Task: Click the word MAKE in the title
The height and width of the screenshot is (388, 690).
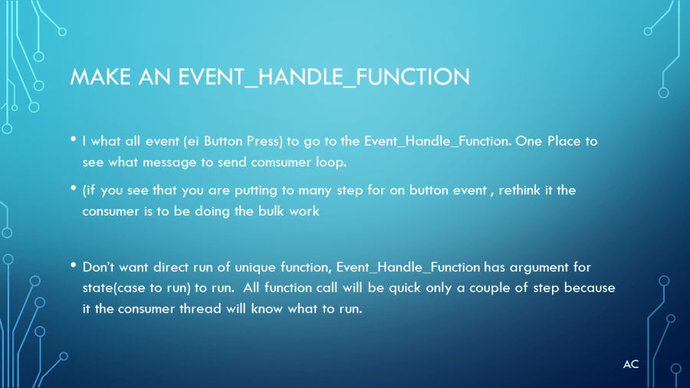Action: tap(100, 77)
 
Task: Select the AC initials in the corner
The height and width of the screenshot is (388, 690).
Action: tap(631, 364)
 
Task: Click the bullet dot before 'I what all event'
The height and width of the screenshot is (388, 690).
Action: tap(74, 139)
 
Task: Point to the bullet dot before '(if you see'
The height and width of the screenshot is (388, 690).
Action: tap(74, 189)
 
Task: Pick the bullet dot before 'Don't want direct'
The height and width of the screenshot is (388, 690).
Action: tap(74, 265)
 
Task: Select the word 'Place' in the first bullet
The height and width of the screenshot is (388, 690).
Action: tap(564, 141)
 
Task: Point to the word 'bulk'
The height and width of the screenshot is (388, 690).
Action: tap(271, 211)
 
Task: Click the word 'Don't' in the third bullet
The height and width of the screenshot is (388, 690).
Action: tap(98, 267)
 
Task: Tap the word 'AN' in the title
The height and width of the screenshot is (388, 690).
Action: tap(154, 77)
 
